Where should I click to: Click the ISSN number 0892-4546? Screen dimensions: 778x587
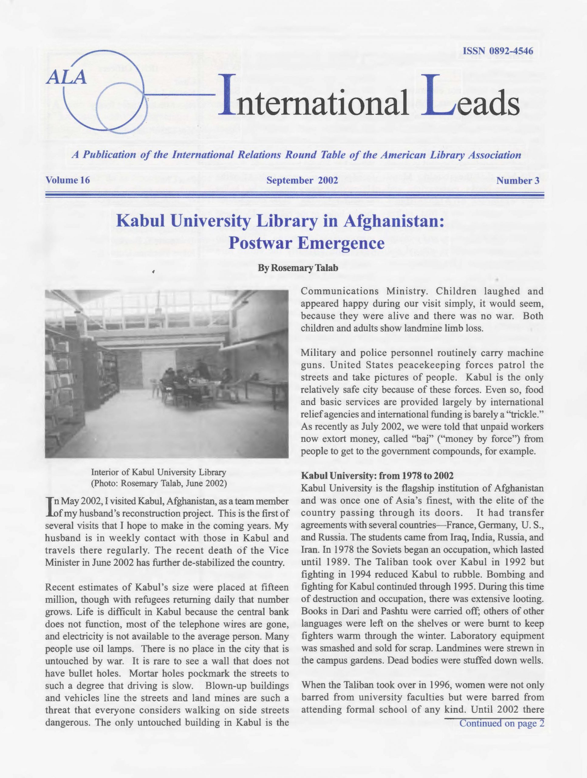coord(498,51)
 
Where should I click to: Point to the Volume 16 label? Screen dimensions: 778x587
coord(68,181)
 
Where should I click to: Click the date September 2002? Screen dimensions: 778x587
coord(302,181)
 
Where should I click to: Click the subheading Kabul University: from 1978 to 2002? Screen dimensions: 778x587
coord(377,476)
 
